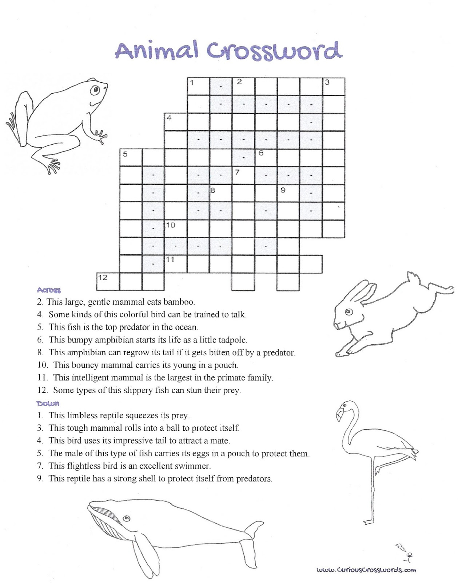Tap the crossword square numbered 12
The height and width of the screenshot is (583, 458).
(108, 282)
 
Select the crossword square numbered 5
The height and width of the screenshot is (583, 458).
(131, 157)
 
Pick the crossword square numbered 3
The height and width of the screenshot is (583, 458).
(334, 86)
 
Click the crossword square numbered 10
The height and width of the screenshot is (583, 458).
(176, 229)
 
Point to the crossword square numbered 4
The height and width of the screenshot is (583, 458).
(176, 122)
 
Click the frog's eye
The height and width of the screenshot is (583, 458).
(95, 89)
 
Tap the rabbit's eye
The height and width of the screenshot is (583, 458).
(349, 312)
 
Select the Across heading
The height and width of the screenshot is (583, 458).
(49, 290)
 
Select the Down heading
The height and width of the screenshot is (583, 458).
(48, 403)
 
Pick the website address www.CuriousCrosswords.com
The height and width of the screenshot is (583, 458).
(366, 570)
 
